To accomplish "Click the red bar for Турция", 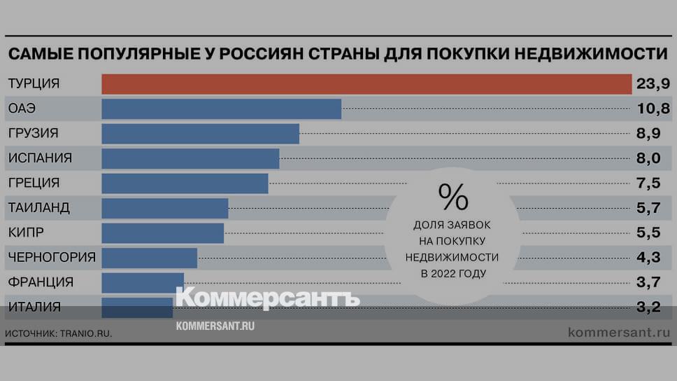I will [366, 84].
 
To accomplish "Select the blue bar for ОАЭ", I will [221, 109].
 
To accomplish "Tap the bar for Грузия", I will [200, 134].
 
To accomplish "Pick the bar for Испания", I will [190, 158].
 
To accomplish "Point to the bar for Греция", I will [185, 183].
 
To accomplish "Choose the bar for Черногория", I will [149, 257].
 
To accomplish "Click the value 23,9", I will [653, 84].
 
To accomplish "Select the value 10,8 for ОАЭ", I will [653, 109].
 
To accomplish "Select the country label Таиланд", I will [38, 208].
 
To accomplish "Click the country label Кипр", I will [28, 233].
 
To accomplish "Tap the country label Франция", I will [41, 282].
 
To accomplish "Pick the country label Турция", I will [34, 84].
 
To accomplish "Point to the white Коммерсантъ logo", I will [267, 298].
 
